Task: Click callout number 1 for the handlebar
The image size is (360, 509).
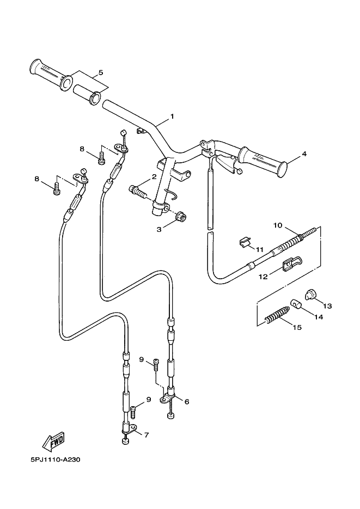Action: click(x=172, y=116)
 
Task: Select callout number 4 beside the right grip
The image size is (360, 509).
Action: click(x=304, y=154)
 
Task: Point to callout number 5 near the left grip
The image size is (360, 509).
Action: click(x=101, y=72)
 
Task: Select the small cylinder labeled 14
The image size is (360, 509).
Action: click(x=296, y=304)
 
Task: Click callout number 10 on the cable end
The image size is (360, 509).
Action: click(x=278, y=225)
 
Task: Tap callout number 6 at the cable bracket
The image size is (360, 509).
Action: click(x=187, y=401)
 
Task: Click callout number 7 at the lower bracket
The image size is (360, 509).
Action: click(x=146, y=434)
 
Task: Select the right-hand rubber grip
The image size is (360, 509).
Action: click(x=263, y=162)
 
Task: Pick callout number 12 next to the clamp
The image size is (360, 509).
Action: click(x=263, y=276)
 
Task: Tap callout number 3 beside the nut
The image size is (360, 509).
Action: click(x=158, y=230)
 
